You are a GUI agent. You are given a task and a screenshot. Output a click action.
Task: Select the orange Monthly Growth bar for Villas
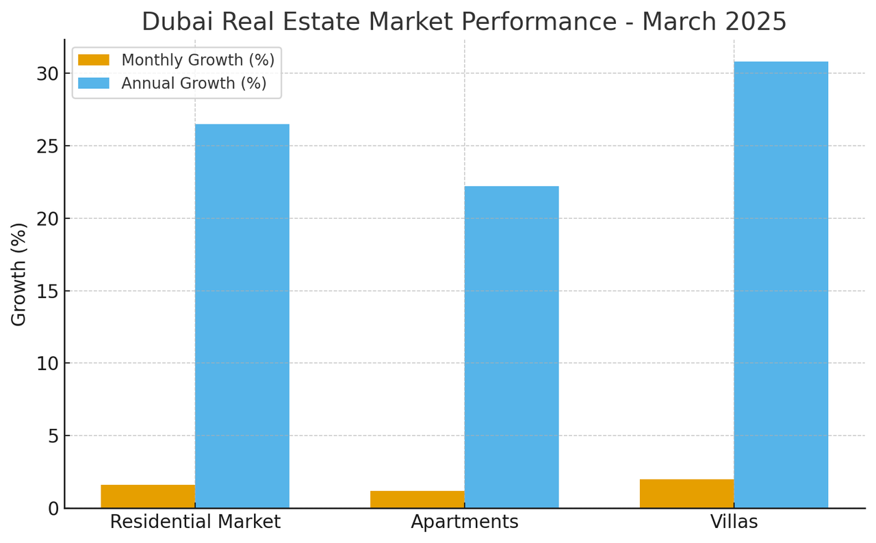pos(686,494)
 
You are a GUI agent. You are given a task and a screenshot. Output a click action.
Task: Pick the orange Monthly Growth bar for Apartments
pos(417,499)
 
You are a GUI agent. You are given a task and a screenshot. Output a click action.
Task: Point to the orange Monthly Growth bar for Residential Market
pos(148,496)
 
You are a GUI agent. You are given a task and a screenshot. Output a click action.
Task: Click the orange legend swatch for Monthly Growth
pos(94,60)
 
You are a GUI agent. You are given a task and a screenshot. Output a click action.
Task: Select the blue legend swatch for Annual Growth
pos(94,83)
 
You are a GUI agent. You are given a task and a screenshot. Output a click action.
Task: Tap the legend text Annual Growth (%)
pos(194,83)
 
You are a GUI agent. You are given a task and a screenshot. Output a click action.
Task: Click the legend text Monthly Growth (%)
pos(198,60)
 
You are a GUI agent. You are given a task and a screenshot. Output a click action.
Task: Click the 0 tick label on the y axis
pos(53,509)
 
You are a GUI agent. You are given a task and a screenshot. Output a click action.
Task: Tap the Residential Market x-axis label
pos(195,522)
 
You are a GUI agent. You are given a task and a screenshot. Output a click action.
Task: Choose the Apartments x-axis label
pos(465,522)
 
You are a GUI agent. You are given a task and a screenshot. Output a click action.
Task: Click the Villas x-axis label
pos(734,522)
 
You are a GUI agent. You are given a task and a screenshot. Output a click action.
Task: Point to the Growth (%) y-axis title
pos(19,274)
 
